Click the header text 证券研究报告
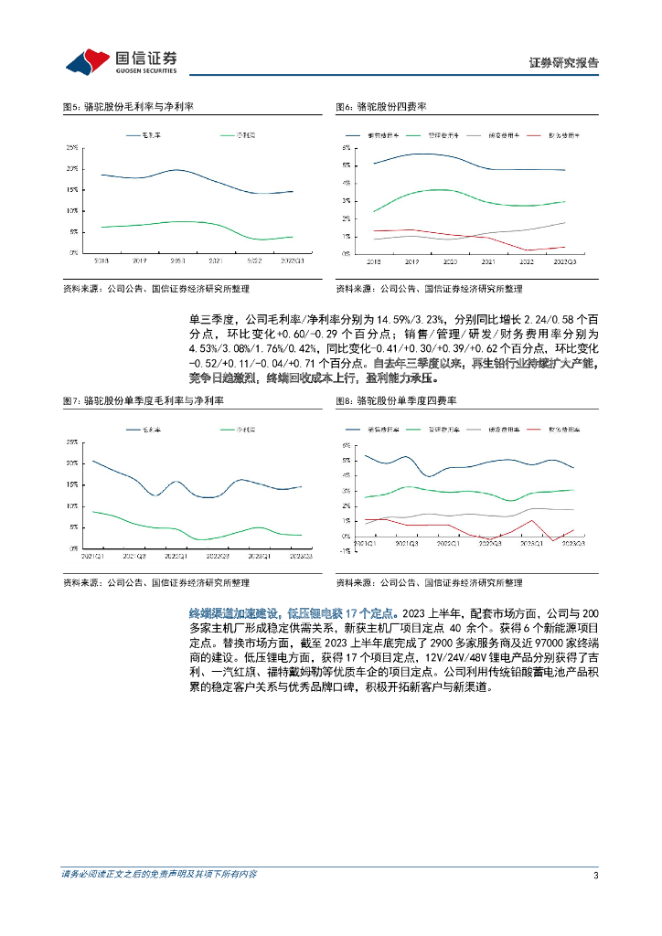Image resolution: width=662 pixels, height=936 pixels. (564, 63)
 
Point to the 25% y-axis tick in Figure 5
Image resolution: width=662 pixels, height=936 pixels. (71, 148)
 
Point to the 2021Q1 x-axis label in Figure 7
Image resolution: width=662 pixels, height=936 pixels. (93, 555)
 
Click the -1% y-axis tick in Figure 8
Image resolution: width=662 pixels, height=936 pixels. (347, 551)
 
